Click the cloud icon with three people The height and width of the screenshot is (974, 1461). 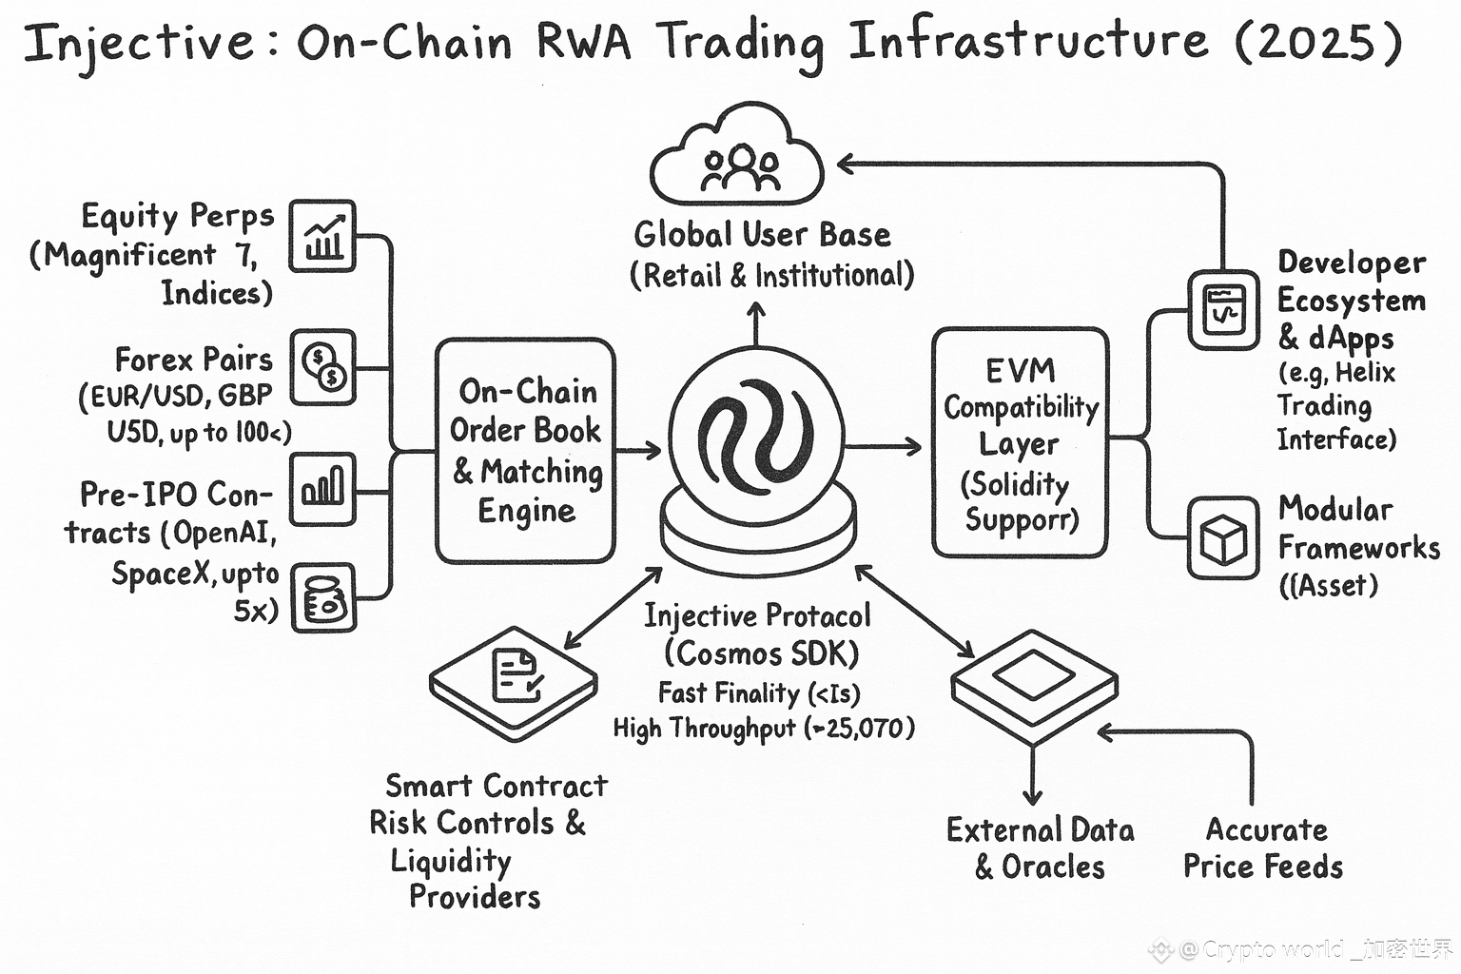point(738,157)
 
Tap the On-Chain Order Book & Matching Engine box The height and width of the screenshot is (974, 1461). point(525,450)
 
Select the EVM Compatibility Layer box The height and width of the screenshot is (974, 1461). point(1020,443)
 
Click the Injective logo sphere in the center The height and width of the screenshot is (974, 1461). point(756,438)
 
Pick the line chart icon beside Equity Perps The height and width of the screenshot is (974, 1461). point(322,236)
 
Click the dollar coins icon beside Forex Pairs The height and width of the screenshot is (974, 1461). point(322,367)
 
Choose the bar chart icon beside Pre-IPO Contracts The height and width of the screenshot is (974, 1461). point(322,489)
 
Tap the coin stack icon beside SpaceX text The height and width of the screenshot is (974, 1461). point(322,598)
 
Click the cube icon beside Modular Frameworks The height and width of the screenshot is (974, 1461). point(1223,538)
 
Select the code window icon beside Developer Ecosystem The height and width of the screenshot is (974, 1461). point(1223,310)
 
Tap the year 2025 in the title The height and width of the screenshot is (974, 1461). point(1318,42)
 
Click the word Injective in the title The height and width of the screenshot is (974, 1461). point(139,44)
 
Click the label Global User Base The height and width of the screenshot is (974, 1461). point(762,234)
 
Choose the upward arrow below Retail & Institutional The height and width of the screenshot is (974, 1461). point(756,323)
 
